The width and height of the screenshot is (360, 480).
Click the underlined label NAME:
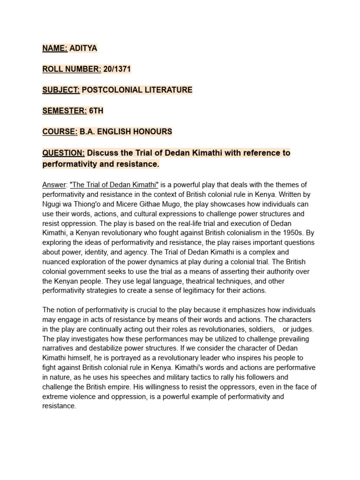point(55,48)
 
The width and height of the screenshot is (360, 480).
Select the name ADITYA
point(83,48)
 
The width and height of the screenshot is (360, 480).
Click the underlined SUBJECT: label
point(61,90)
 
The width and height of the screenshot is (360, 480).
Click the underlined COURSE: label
point(60,132)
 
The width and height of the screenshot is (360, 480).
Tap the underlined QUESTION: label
point(63,153)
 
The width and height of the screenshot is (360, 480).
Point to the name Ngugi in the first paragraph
point(52,204)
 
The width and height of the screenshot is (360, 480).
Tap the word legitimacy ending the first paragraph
point(215,291)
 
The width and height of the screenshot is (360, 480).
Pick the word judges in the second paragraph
point(303,329)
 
